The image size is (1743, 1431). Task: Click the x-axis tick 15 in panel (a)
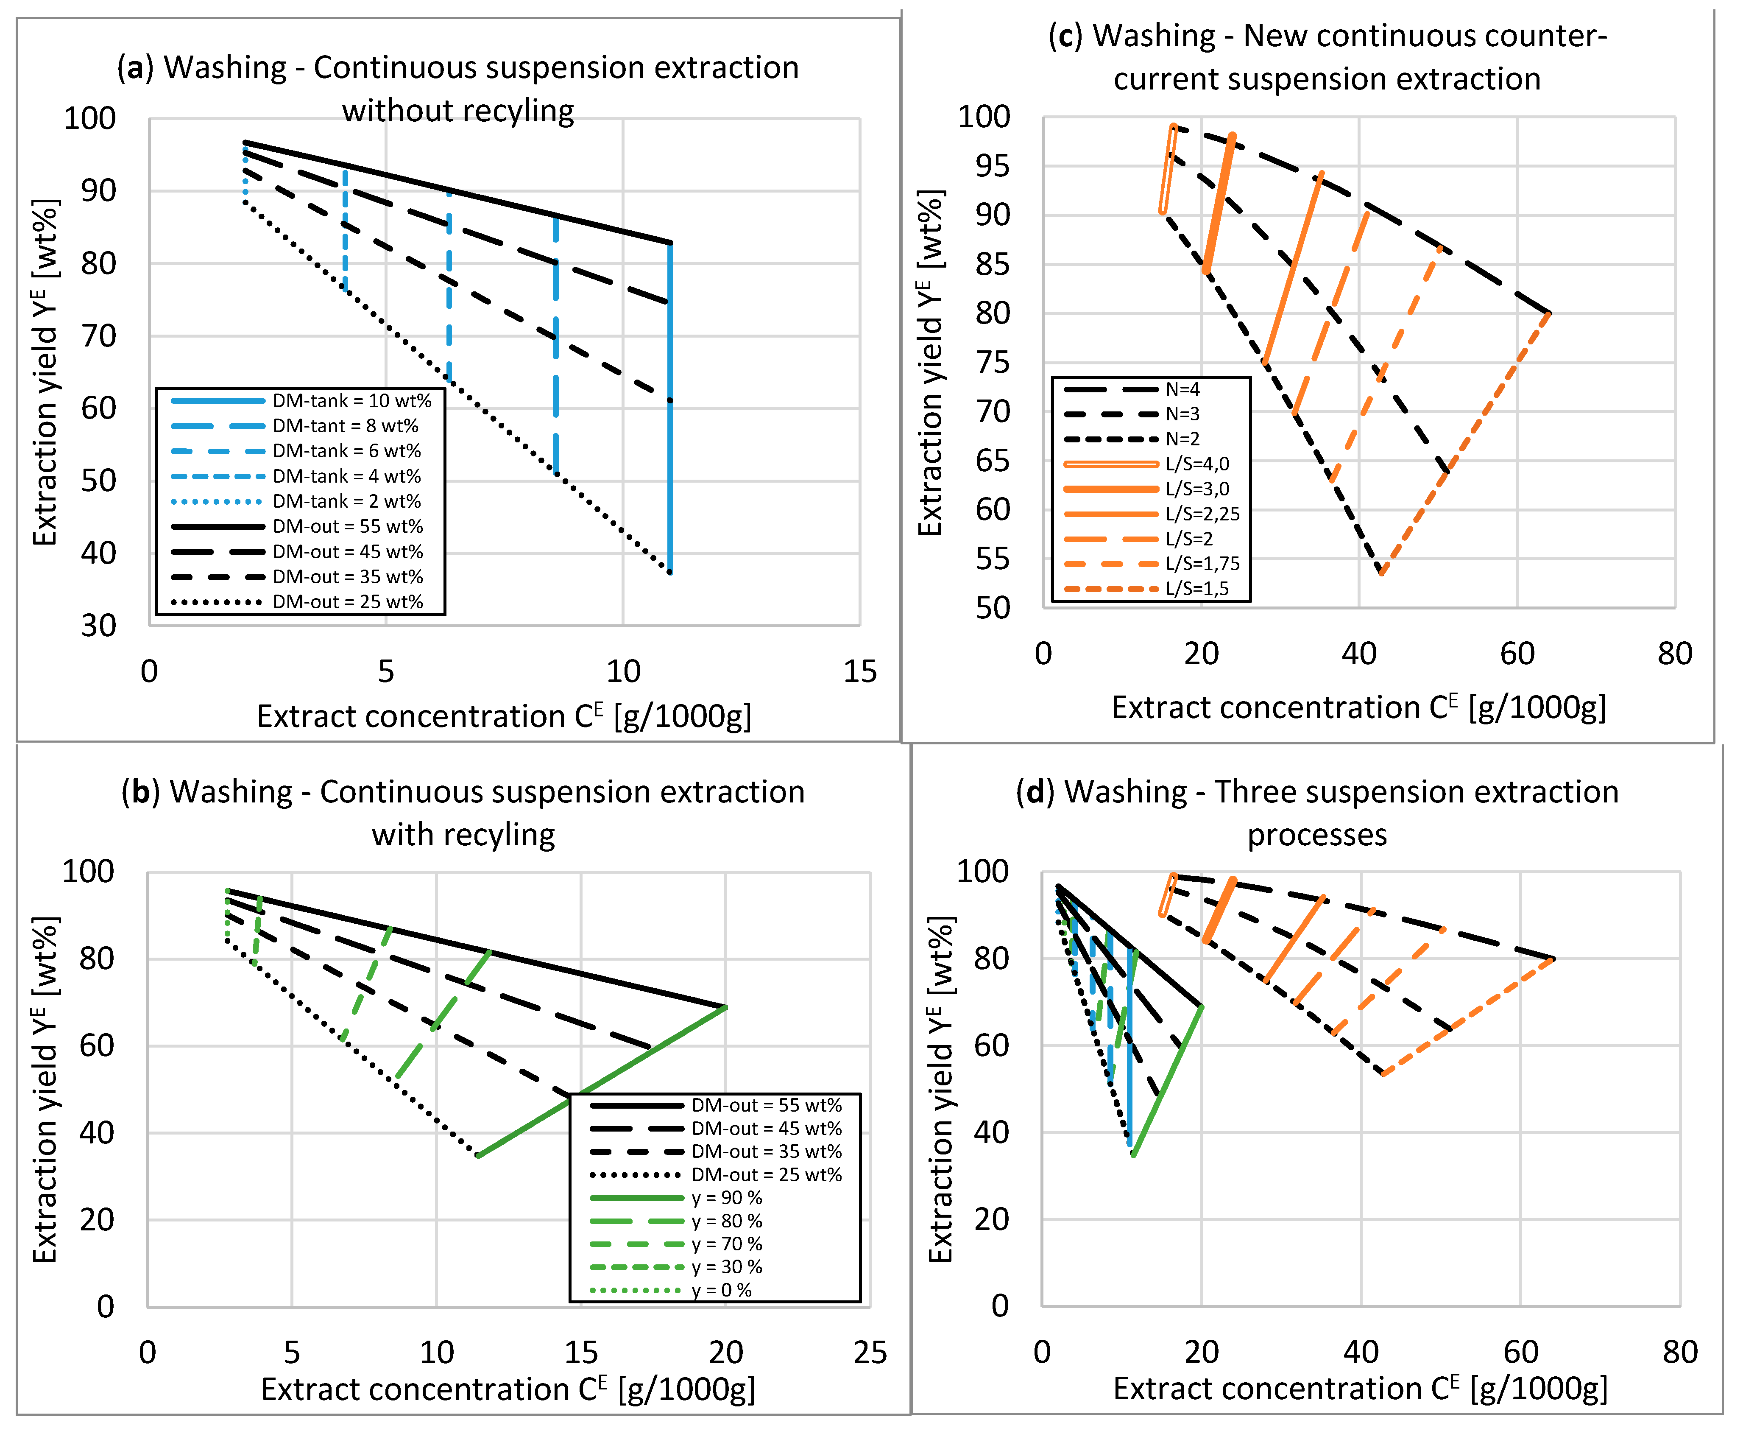click(x=859, y=672)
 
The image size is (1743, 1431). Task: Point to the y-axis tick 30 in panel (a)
click(x=98, y=626)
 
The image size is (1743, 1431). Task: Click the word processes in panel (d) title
click(x=1317, y=835)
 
